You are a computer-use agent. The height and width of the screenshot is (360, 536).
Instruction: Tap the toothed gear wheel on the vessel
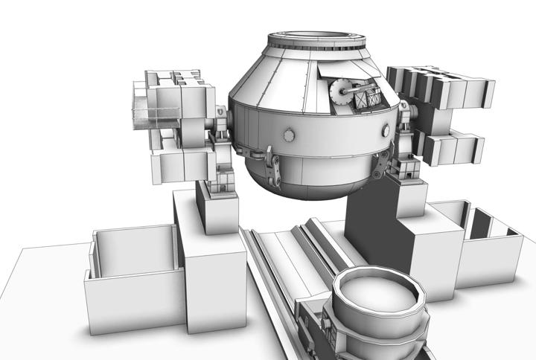coord(340,94)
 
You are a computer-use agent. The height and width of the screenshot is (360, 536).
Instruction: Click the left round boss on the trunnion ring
coord(287,135)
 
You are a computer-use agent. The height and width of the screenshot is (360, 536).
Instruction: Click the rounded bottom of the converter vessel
coord(313,182)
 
